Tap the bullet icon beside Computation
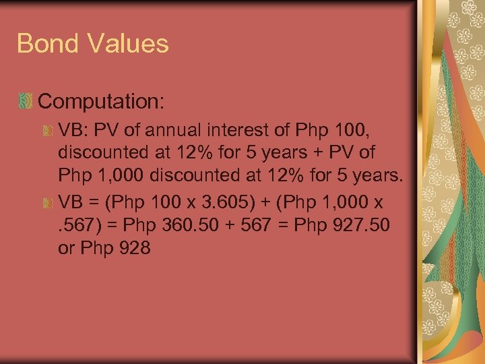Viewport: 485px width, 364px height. [x=26, y=102]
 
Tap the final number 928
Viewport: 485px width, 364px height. [x=132, y=248]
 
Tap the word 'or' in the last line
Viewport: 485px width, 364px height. [x=67, y=248]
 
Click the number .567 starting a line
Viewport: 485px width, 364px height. [x=80, y=225]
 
